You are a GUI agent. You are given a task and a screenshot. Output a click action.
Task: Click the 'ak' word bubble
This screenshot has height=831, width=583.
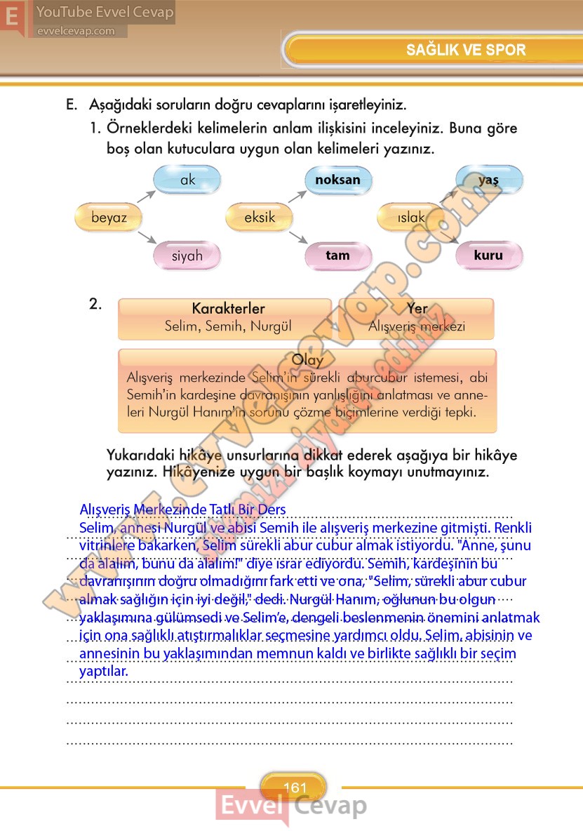tap(187, 180)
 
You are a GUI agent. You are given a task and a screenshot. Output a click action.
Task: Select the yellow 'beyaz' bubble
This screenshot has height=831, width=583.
tap(109, 218)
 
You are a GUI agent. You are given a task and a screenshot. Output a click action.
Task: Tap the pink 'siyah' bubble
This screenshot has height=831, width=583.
tap(187, 255)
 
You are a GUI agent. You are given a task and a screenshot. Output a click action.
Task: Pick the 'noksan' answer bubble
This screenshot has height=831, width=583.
tap(337, 180)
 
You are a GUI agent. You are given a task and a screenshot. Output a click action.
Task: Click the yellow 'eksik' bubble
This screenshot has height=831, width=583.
tap(260, 218)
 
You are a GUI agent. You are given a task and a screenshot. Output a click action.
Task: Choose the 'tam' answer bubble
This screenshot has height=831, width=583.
tap(337, 255)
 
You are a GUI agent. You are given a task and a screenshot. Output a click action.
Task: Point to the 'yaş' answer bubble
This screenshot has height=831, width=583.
tap(488, 180)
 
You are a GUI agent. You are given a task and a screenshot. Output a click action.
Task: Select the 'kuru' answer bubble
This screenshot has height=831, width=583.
tap(488, 255)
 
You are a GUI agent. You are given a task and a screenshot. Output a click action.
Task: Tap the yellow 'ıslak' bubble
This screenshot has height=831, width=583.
tap(411, 218)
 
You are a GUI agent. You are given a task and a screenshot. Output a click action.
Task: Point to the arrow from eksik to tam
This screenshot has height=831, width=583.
tap(297, 239)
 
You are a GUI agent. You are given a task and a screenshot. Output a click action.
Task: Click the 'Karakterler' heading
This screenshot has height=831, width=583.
tap(228, 309)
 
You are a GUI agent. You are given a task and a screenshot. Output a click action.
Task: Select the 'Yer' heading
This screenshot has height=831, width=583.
tap(417, 309)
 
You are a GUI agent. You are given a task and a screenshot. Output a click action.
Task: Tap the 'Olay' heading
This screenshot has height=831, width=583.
tap(307, 360)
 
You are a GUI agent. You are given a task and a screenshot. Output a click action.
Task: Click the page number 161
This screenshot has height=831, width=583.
tap(296, 787)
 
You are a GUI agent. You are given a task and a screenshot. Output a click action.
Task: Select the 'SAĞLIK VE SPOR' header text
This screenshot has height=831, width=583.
tap(466, 50)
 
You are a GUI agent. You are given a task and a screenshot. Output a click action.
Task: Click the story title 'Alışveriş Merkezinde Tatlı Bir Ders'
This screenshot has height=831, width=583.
tap(183, 509)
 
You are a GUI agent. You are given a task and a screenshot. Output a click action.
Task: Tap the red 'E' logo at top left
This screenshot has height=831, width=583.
tap(13, 17)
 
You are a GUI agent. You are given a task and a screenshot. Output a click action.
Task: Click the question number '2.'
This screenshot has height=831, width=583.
tap(96, 304)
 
